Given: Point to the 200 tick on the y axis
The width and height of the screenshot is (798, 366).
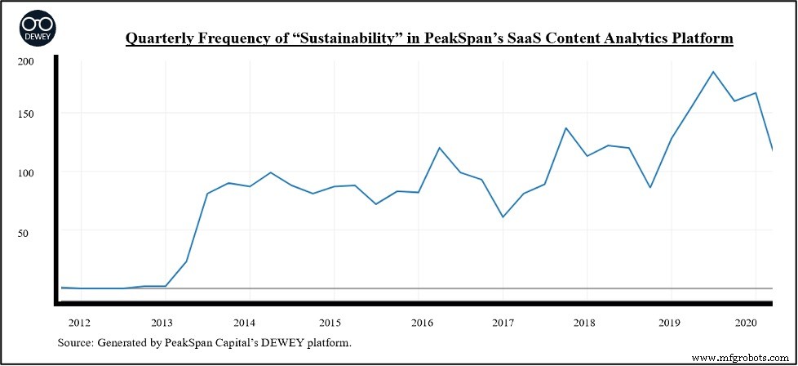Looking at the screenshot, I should tap(26, 61).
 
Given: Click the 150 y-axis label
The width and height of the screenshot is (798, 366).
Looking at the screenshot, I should tap(26, 114).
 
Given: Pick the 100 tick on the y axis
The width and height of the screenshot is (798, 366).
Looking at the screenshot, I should tap(26, 173).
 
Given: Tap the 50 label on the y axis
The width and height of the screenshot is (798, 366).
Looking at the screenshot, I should tap(29, 233).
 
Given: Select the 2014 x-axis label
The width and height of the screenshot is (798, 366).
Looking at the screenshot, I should tap(245, 323).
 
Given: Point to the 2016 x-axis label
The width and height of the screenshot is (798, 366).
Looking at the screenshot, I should tap(422, 323).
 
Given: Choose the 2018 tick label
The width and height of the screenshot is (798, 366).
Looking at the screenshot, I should tap(585, 323).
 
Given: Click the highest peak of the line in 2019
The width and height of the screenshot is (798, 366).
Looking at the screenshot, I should tap(713, 72).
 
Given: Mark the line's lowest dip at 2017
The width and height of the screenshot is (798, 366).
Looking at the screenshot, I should tap(503, 216).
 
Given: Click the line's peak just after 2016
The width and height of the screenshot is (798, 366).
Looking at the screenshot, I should tap(440, 148).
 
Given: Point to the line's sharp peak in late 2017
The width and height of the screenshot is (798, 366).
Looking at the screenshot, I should tap(566, 128).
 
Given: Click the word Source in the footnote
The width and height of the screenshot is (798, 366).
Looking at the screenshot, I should tap(75, 341).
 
